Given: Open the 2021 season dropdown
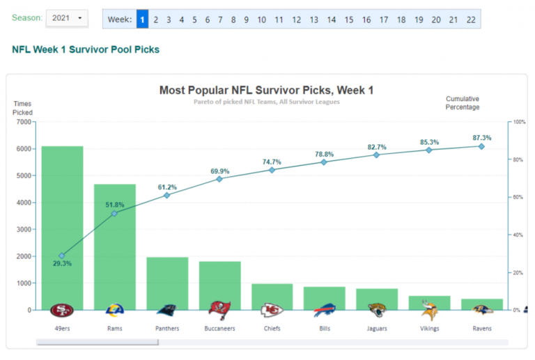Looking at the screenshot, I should (x=67, y=17).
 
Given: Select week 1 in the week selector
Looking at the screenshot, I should (x=142, y=19).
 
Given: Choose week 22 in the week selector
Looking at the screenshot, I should (x=471, y=19).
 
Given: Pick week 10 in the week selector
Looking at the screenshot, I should (x=261, y=19).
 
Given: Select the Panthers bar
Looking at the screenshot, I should (x=167, y=283).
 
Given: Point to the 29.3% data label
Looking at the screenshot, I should (x=61, y=263).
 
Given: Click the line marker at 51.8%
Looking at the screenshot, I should (x=114, y=213).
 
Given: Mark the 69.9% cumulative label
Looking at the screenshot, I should (x=219, y=171).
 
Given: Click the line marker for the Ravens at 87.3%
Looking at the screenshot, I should (x=481, y=146).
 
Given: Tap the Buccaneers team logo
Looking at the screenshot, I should (x=219, y=310).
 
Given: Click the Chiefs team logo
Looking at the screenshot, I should (x=272, y=310).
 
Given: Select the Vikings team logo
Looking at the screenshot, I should (x=429, y=310).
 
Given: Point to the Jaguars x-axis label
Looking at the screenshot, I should (x=376, y=328).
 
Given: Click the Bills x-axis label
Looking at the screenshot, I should (x=324, y=328).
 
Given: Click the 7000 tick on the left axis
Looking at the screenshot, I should (x=24, y=122).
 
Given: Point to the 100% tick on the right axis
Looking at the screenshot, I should (x=518, y=122).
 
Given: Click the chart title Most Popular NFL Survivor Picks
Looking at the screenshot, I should (x=266, y=90).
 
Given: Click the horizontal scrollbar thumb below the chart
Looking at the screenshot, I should (x=97, y=342).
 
